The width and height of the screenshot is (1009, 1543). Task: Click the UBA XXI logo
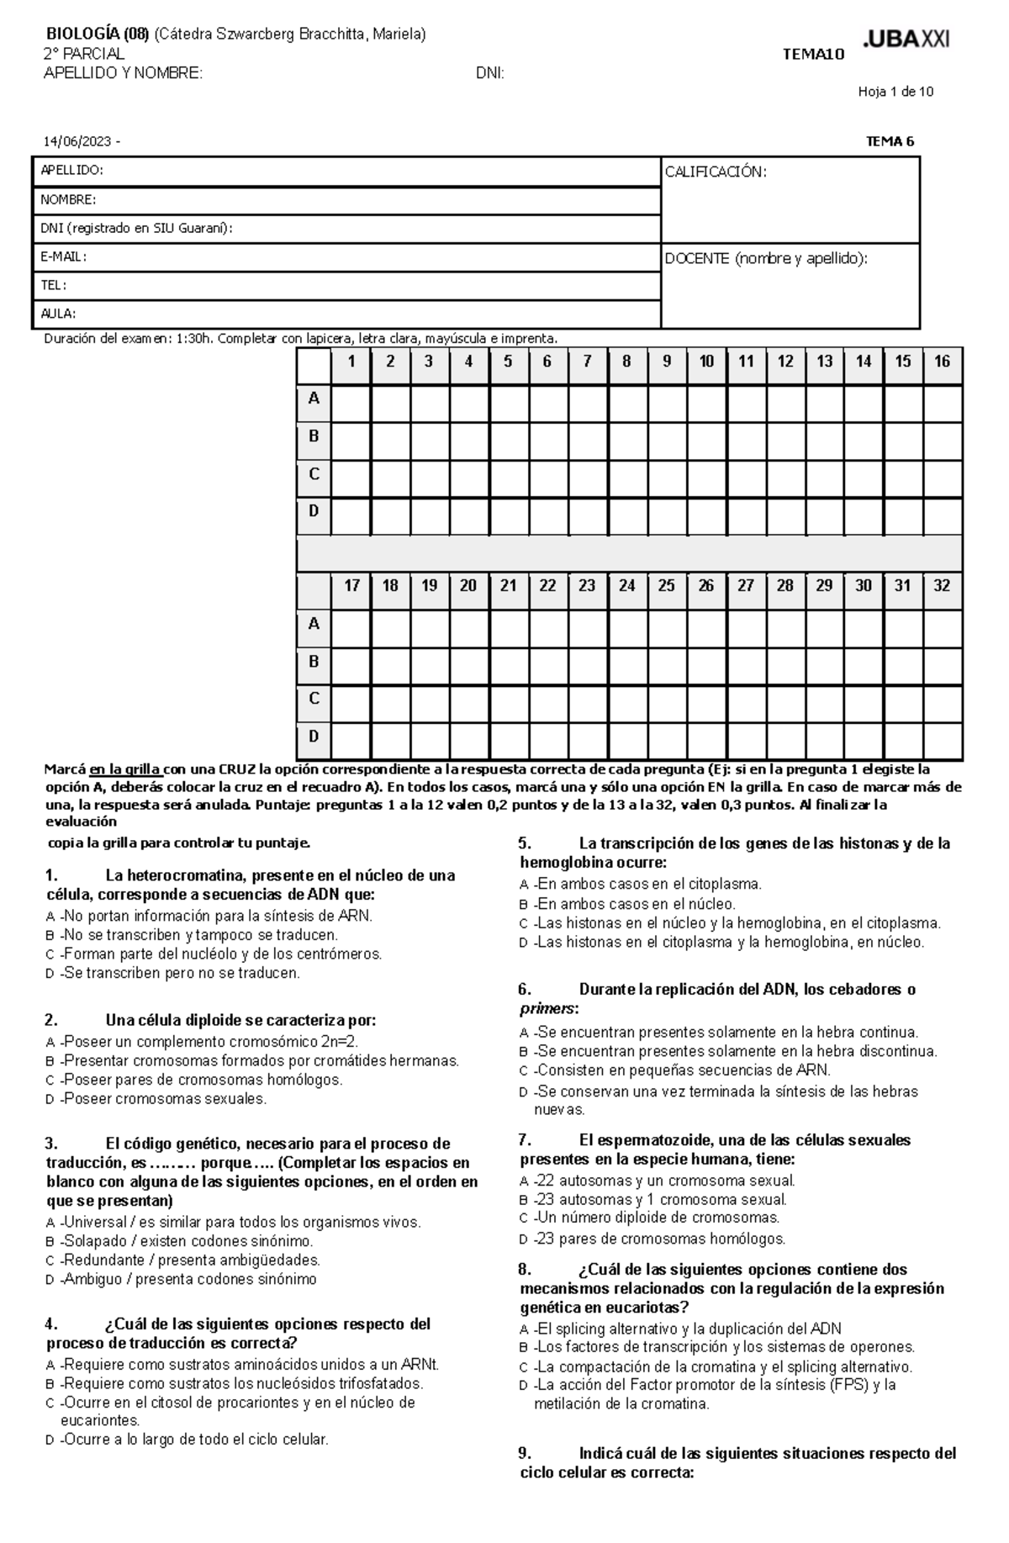pyautogui.click(x=906, y=40)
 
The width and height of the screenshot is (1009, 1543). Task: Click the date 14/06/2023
pyautogui.click(x=79, y=141)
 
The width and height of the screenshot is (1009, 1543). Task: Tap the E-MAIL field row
pyautogui.click(x=346, y=257)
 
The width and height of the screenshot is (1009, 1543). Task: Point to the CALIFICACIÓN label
pyautogui.click(x=716, y=172)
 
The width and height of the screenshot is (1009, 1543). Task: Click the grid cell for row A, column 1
pyautogui.click(x=351, y=403)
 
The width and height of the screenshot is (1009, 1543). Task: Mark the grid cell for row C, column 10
pyautogui.click(x=706, y=478)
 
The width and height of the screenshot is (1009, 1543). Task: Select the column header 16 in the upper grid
pyautogui.click(x=942, y=362)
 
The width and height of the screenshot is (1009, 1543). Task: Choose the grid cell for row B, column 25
pyautogui.click(x=666, y=666)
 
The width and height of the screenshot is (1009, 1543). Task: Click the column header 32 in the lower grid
pyautogui.click(x=942, y=586)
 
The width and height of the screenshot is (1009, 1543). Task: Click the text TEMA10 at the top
pyautogui.click(x=812, y=55)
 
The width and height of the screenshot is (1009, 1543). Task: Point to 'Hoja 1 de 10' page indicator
pyautogui.click(x=895, y=92)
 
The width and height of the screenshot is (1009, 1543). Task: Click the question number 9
pyautogui.click(x=525, y=1453)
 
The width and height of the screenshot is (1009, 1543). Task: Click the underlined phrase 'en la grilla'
pyautogui.click(x=126, y=769)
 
